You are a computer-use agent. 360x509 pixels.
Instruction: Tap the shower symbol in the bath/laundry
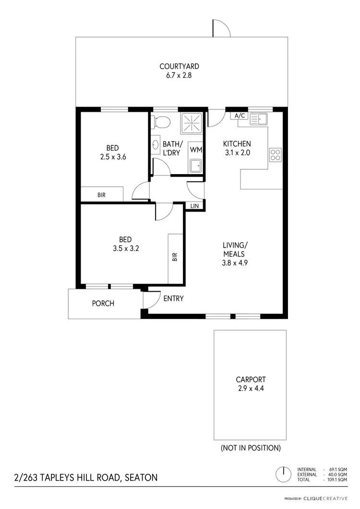(x=192, y=123)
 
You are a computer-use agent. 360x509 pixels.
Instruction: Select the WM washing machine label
(x=195, y=149)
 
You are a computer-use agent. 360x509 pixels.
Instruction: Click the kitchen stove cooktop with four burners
(x=276, y=154)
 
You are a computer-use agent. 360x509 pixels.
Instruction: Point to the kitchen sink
(x=259, y=118)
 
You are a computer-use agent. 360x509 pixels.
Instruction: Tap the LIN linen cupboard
(x=195, y=206)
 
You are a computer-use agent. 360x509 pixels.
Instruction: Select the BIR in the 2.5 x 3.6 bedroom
(x=102, y=195)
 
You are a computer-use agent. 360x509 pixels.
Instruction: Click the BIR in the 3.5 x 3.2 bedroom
(x=175, y=257)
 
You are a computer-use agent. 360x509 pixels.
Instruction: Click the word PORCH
(x=103, y=303)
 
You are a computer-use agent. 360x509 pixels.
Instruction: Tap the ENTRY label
(x=173, y=298)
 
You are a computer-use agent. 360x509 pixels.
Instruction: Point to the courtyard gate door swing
(x=220, y=29)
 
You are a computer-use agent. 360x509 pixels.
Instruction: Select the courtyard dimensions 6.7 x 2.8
(x=179, y=75)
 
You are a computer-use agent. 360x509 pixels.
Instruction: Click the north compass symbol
(x=284, y=474)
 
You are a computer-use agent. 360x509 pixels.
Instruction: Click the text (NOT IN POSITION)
(x=250, y=448)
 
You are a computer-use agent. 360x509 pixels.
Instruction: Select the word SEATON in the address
(x=141, y=477)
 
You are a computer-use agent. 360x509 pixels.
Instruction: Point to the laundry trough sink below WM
(x=195, y=166)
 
